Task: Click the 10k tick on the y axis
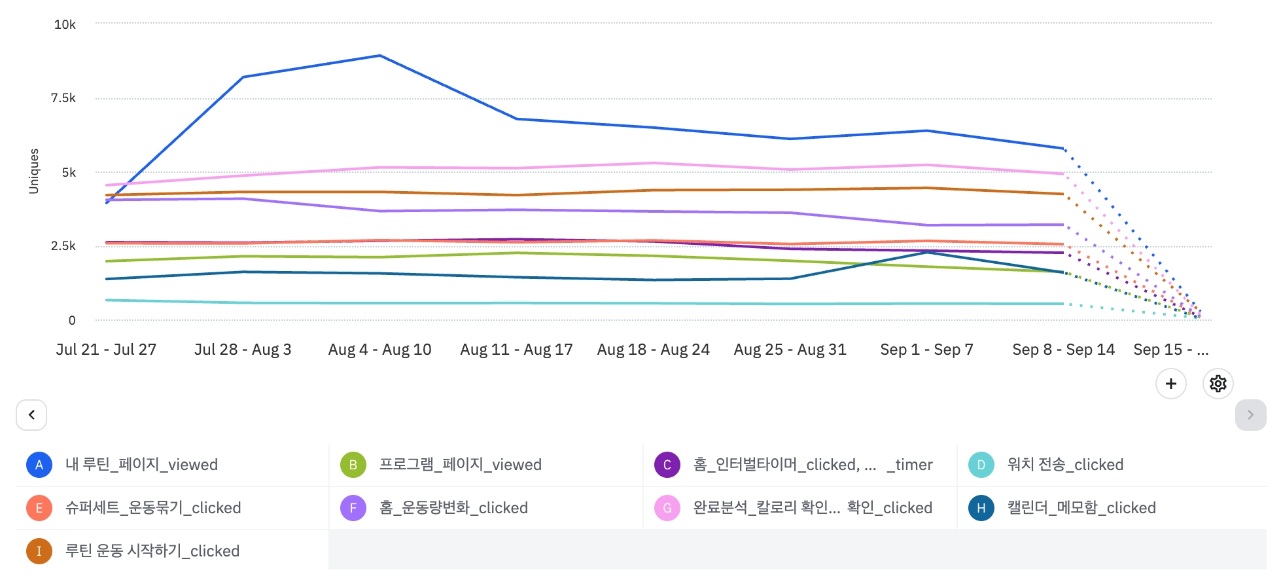pos(65,25)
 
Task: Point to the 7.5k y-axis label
pos(63,98)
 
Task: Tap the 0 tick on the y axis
pos(72,320)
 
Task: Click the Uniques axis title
pos(34,172)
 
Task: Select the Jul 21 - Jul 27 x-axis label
pos(106,350)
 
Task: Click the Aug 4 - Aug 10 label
pos(379,350)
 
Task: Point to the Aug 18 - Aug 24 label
pos(653,350)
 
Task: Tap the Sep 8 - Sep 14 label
pos(1063,350)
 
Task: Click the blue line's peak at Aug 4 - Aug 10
pos(380,56)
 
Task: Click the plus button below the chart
pos(1171,384)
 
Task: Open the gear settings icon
pos(1218,384)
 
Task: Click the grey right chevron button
pos(1250,415)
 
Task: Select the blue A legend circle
pos(39,465)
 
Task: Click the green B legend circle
pos(353,465)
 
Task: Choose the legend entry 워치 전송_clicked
pos(1065,465)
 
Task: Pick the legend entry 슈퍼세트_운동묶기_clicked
pos(153,508)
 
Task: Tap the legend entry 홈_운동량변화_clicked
pos(453,508)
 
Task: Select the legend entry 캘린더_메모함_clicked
pos(1081,508)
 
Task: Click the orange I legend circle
pos(39,551)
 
